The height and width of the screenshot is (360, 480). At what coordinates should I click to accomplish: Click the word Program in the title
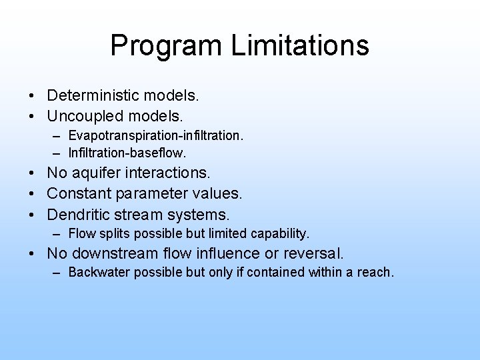click(166, 46)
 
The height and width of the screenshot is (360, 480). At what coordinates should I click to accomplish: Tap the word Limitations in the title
click(299, 45)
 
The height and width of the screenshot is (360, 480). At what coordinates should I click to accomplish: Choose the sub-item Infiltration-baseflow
click(123, 153)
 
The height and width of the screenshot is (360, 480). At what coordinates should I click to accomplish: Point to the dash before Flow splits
click(59, 234)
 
